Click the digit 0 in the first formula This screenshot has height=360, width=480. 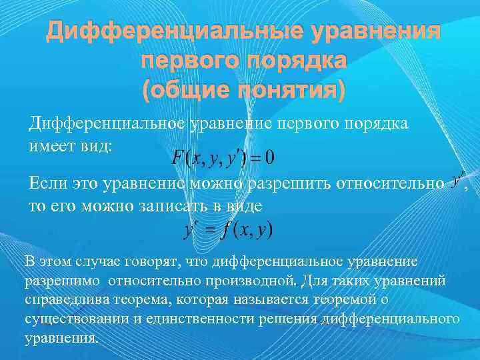point(269,158)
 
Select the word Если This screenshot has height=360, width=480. point(47,183)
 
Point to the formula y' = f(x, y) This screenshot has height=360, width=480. point(227,231)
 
